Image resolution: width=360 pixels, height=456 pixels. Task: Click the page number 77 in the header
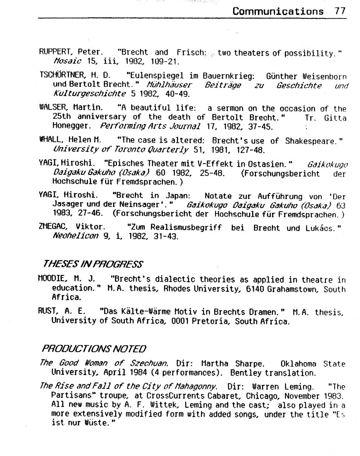[340, 11]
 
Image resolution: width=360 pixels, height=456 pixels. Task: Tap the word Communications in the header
[278, 11]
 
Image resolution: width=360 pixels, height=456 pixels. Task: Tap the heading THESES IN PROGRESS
[93, 264]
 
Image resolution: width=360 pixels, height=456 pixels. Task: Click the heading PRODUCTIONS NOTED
[94, 349]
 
